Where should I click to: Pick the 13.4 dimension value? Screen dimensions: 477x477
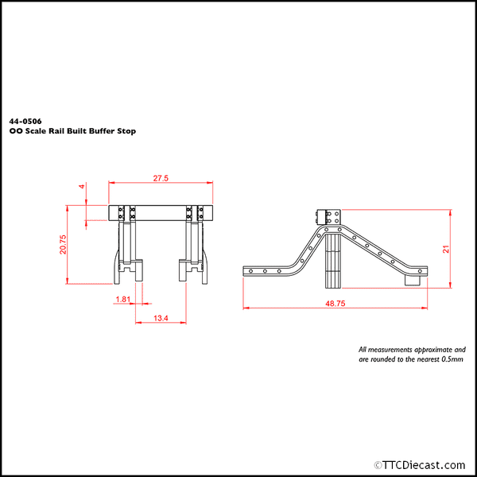click(161, 317)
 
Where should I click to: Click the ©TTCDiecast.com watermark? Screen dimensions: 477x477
click(421, 464)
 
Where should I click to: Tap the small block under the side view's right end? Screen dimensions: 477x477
click(413, 281)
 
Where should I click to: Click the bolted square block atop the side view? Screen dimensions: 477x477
click(330, 217)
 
